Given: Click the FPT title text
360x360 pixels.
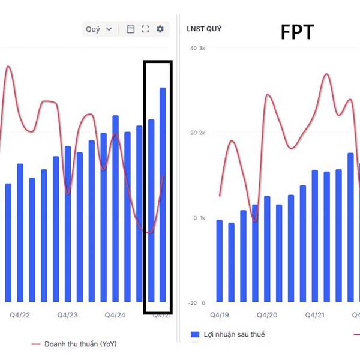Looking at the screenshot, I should point(297,32).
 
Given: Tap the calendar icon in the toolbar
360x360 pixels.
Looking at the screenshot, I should point(130,29).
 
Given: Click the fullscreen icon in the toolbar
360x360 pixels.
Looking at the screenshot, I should point(145,29).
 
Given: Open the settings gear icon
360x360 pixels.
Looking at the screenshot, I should point(160,29).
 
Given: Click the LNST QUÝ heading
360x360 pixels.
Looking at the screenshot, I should point(204,28).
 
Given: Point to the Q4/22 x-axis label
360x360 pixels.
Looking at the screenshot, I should point(20,315).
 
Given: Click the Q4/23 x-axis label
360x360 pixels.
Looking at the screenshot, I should point(68,315).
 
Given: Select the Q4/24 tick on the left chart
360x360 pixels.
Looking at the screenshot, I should point(115,315).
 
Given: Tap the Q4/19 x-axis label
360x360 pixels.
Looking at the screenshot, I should point(219,315).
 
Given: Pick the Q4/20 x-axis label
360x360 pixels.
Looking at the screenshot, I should point(267,315).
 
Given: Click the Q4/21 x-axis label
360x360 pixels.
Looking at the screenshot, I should point(315,315).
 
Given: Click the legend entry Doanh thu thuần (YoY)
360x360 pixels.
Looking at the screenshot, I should point(80,344).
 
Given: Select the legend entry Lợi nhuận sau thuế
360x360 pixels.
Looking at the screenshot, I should point(235,334).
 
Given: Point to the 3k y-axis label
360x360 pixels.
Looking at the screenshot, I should point(202,48).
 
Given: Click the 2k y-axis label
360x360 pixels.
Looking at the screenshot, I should point(202,133).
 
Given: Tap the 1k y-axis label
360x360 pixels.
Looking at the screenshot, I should point(202,218).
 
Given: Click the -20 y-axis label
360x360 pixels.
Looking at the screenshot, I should point(192,303).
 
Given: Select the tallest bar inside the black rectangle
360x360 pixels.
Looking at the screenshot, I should point(163,194).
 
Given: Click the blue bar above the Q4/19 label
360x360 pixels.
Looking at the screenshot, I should point(219,261).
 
